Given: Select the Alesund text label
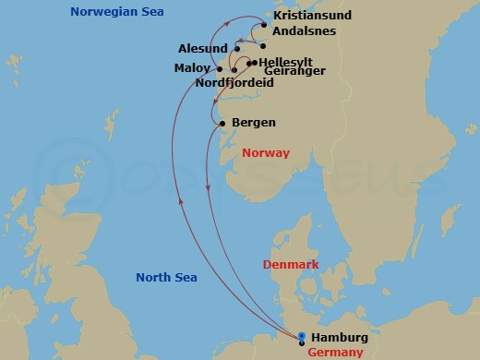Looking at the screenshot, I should pyautogui.click(x=203, y=47).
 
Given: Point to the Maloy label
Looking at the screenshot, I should pyautogui.click(x=193, y=68).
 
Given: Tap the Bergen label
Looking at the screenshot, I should pyautogui.click(x=254, y=123).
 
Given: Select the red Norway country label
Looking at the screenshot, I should pyautogui.click(x=265, y=153).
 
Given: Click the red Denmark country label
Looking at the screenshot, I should pyautogui.click(x=291, y=265).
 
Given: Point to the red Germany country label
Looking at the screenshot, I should pyautogui.click(x=334, y=353).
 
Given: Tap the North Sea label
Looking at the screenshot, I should pyautogui.click(x=166, y=277).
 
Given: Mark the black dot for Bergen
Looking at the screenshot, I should pyautogui.click(x=222, y=123).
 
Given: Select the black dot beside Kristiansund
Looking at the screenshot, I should pyautogui.click(x=264, y=25).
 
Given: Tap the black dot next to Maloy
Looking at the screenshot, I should pyautogui.click(x=218, y=69).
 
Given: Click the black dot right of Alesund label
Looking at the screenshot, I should pyautogui.click(x=234, y=48).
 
